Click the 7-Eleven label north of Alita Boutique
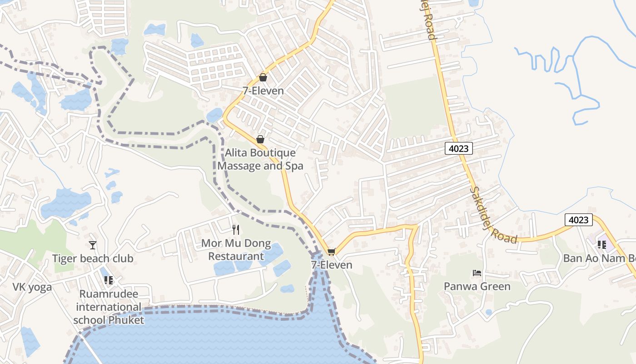coord(263,91)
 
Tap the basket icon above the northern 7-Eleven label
coord(263,78)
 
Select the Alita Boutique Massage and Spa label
coord(260,159)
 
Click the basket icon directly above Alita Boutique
coord(260,139)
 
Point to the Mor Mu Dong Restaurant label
coord(236,249)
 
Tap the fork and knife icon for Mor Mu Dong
coord(236,230)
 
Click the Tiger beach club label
coord(93,258)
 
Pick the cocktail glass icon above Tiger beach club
coord(93,245)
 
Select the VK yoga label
coord(32,287)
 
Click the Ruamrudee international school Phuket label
coord(109,307)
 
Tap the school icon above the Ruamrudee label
coord(108,280)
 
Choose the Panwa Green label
coord(477,286)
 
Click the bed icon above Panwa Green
coord(477,273)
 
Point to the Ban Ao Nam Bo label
coord(599,258)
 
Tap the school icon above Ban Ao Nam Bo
coord(602,245)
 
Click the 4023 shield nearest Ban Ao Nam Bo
coord(579,220)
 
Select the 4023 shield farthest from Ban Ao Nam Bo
coord(459,148)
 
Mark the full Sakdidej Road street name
coord(493,215)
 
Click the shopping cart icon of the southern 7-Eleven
coord(332,252)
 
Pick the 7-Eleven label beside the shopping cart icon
coord(332,265)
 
